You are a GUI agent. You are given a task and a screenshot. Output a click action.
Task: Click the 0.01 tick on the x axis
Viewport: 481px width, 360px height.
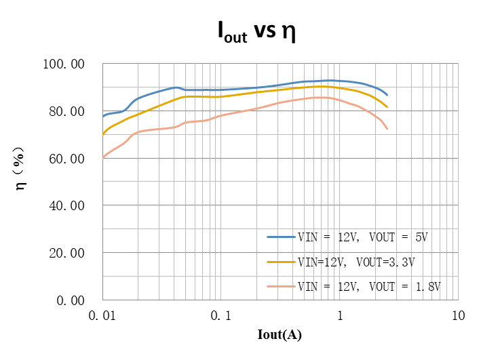tap(102, 315)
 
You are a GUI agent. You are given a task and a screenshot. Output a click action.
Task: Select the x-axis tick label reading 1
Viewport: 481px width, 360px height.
tap(340, 315)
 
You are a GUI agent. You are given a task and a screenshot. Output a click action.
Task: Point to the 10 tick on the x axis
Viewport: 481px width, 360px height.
tap(459, 315)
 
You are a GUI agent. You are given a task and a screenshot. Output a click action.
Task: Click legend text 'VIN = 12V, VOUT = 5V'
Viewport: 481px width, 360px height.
tap(364, 237)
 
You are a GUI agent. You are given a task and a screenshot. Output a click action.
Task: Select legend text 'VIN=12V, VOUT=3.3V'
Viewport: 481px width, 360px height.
tap(355, 262)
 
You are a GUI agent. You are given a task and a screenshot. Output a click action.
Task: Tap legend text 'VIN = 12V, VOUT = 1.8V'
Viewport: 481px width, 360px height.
tap(369, 286)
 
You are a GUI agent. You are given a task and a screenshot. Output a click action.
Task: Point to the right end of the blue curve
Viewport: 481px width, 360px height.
tap(387, 95)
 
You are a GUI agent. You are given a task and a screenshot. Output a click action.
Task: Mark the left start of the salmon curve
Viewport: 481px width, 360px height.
tap(103, 157)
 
